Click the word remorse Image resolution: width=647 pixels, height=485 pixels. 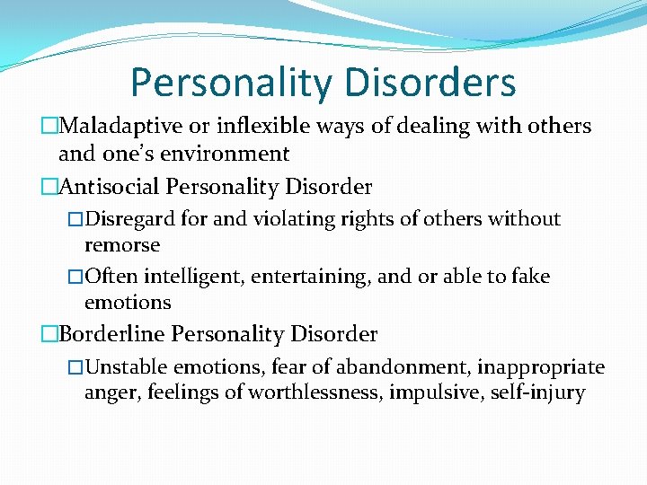tap(122, 245)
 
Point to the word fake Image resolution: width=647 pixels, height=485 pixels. tap(530, 277)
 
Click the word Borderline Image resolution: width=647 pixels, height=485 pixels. tap(111, 335)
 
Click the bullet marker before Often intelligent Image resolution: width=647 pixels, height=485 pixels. tap(75, 277)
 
